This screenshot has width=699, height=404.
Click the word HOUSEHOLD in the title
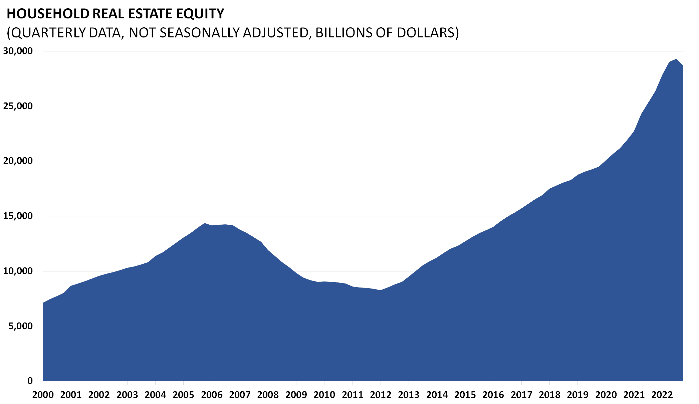click(x=48, y=14)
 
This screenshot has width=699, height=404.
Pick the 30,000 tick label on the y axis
click(x=18, y=51)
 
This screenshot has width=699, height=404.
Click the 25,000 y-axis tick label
click(x=18, y=106)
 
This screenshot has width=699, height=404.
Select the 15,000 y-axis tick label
click(x=18, y=216)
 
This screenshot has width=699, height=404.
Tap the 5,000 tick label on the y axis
click(x=21, y=326)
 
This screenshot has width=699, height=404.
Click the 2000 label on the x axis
click(x=43, y=395)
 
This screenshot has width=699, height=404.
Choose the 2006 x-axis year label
click(x=212, y=395)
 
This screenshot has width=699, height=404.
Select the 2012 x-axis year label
click(x=381, y=395)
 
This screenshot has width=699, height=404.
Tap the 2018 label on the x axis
click(x=549, y=395)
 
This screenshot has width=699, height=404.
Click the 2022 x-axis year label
click(x=662, y=395)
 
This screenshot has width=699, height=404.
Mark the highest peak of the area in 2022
click(x=676, y=59)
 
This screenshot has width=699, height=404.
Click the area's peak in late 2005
click(x=205, y=223)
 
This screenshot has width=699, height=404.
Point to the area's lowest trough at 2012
click(x=381, y=290)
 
